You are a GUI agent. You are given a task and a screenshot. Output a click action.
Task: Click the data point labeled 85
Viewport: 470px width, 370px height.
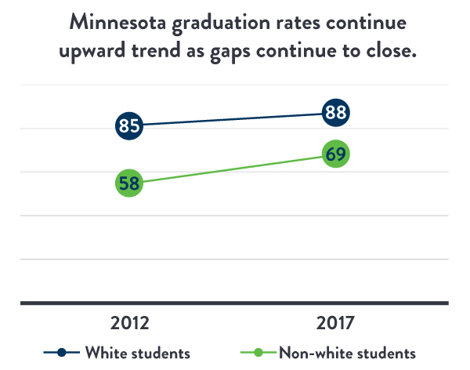pos(129,125)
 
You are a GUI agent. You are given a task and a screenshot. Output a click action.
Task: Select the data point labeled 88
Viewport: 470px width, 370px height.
pos(336,113)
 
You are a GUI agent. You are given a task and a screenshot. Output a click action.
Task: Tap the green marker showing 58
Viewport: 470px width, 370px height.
pos(129,183)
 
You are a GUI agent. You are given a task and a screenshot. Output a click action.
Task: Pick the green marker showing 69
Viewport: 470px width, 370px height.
pos(336,154)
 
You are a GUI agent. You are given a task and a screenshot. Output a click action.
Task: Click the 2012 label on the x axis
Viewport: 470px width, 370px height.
pos(129,323)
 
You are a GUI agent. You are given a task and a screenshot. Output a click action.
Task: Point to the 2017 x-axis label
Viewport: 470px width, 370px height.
pos(336,323)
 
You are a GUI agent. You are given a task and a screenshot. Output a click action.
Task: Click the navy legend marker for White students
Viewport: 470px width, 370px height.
pos(62,351)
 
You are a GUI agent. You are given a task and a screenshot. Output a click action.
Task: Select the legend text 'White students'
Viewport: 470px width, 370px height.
pos(137,351)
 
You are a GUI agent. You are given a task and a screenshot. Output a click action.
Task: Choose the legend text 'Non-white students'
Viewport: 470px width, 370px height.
pos(348,351)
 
